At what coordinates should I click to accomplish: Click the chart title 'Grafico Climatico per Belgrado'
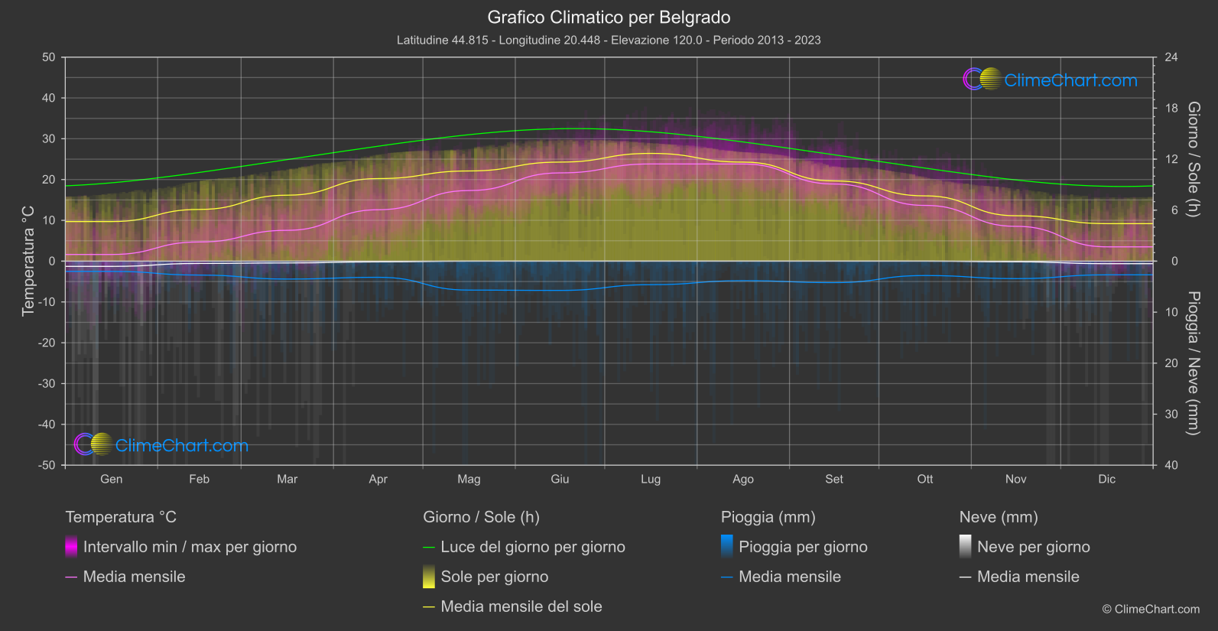point(609,18)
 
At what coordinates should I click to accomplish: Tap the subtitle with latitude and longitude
point(609,40)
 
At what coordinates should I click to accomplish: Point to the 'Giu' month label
point(560,479)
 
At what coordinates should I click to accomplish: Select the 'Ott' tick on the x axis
point(925,479)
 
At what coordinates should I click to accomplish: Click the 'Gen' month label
point(111,479)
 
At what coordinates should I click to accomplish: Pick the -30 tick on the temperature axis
point(47,384)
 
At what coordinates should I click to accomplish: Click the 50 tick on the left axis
point(49,57)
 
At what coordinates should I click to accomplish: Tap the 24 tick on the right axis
point(1171,57)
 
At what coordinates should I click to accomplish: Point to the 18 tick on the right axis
point(1171,109)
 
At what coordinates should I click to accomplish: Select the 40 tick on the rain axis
point(1171,465)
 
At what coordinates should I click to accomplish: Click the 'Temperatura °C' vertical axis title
point(28,260)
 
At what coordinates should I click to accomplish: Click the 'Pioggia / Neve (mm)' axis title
point(1193,363)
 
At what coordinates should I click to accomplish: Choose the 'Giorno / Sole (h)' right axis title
point(1193,159)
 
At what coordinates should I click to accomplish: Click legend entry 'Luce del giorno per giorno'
point(532,547)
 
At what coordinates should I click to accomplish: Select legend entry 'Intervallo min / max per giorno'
point(190,547)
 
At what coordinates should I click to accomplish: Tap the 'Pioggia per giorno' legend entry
point(803,547)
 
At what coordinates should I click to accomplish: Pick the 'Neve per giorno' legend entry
point(1033,547)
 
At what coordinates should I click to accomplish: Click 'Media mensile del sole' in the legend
point(521,607)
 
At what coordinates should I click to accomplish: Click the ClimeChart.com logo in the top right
point(1051,80)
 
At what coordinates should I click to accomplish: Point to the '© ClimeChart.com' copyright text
point(1151,610)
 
